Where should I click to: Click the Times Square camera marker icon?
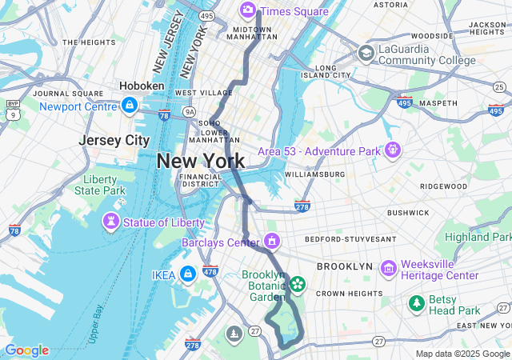[247, 10]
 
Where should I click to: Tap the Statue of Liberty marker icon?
[110, 220]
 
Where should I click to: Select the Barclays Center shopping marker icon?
[272, 241]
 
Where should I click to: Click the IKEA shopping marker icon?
[187, 274]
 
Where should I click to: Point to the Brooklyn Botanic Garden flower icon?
[298, 283]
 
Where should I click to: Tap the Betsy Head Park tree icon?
[417, 303]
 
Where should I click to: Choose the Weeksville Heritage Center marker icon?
[389, 268]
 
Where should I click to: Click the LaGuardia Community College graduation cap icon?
[366, 54]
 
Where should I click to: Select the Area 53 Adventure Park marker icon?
[392, 150]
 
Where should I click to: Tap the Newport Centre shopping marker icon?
[129, 105]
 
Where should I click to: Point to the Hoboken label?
[142, 86]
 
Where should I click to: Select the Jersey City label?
[114, 140]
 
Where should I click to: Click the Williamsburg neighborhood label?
[314, 174]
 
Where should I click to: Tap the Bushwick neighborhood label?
[408, 213]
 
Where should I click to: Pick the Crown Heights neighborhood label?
[342, 294]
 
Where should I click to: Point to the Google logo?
[26, 350]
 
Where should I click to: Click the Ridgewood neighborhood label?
[443, 186]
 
